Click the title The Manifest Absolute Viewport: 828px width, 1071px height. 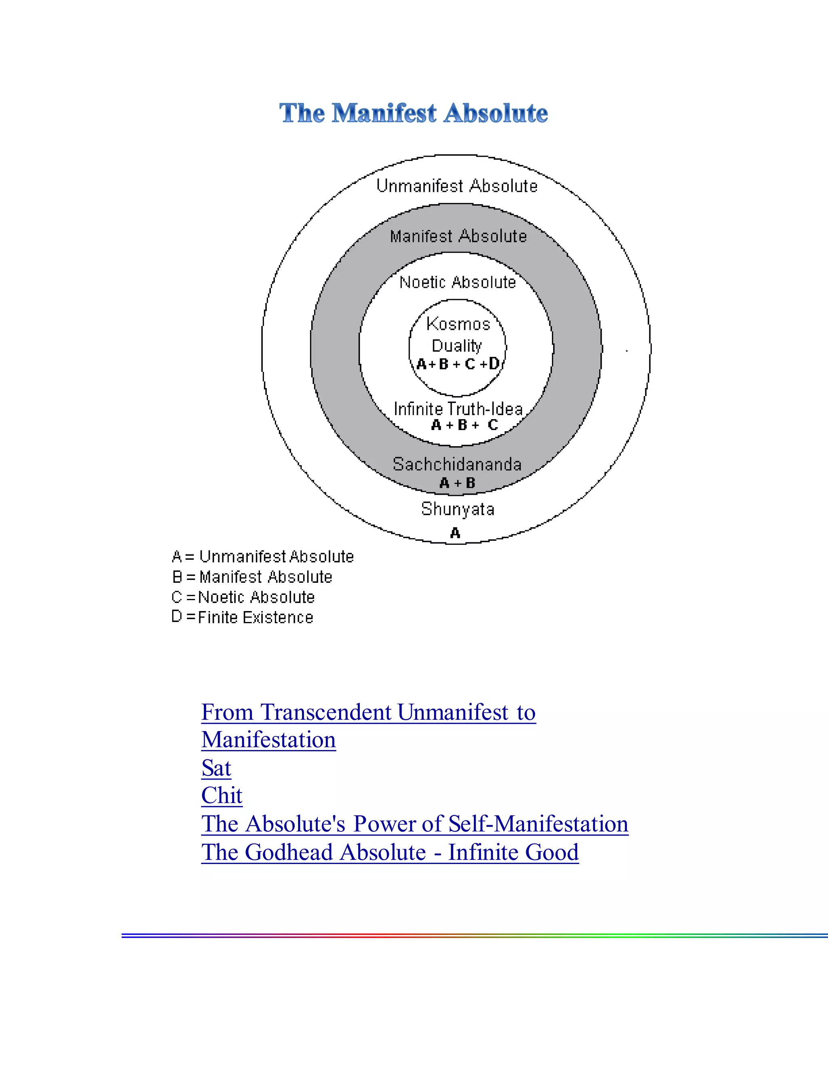(414, 113)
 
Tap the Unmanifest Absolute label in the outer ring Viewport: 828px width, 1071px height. (457, 186)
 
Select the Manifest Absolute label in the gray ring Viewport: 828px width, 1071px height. (458, 236)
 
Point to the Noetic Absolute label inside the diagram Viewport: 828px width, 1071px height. (457, 283)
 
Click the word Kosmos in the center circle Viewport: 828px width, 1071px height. (458, 324)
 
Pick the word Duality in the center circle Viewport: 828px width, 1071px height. (457, 346)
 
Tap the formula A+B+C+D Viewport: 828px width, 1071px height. (458, 364)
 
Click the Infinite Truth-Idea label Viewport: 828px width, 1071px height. (458, 409)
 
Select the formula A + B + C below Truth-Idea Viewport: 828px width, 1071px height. (464, 425)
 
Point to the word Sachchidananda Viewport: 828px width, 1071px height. (457, 464)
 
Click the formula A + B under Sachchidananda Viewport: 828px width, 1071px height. (457, 483)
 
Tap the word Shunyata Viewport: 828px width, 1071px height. (458, 509)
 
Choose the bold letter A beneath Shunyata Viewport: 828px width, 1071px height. (455, 533)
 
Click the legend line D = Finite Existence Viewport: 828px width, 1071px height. (242, 618)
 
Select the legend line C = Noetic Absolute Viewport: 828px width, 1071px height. (243, 597)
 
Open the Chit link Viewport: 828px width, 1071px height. (222, 796)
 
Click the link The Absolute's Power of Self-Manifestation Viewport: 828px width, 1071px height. (414, 824)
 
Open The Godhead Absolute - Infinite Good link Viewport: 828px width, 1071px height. (390, 852)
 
